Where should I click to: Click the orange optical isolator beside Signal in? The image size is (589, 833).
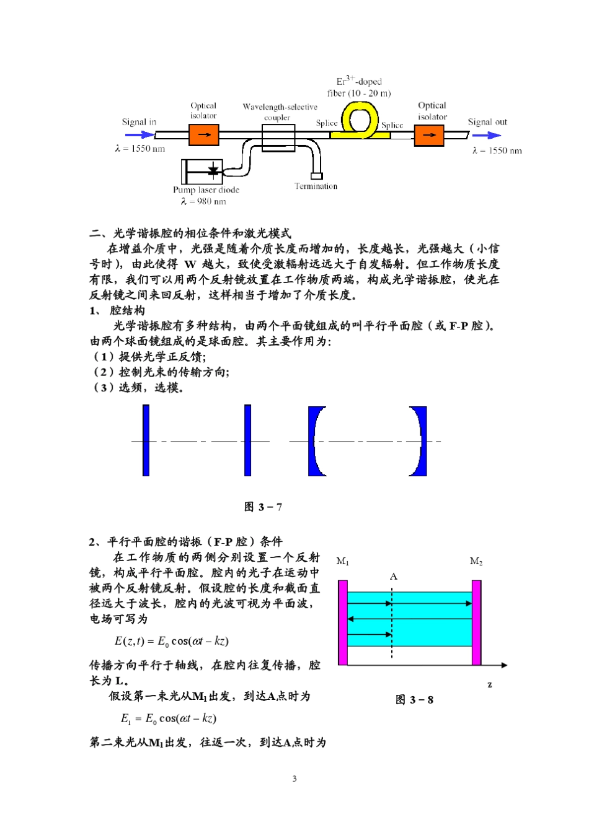(203, 134)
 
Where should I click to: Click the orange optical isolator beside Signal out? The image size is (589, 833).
(429, 135)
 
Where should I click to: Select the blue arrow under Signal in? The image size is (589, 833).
(139, 134)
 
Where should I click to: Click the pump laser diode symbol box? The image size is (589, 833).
(202, 172)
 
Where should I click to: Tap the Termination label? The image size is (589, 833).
(316, 186)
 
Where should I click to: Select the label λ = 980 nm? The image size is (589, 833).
(203, 201)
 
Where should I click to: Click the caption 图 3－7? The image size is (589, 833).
(263, 507)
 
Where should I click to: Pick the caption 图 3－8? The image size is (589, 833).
(414, 700)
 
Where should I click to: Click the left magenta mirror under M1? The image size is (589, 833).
(343, 622)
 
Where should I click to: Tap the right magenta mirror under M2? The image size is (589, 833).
(476, 622)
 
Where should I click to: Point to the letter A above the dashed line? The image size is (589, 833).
(393, 577)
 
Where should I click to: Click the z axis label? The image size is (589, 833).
(490, 684)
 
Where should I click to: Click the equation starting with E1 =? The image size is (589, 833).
(169, 718)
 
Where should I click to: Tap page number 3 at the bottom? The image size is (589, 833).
(294, 778)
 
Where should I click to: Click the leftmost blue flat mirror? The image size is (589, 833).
(146, 440)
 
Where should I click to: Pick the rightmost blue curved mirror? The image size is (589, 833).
(420, 441)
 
